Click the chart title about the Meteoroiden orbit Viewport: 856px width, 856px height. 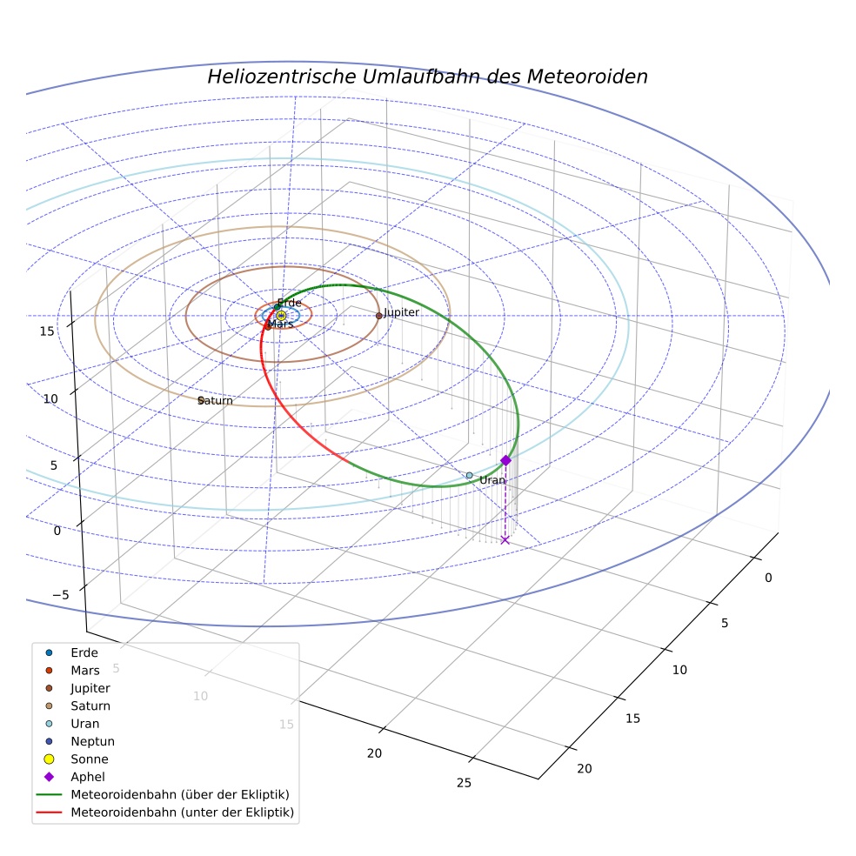click(x=427, y=77)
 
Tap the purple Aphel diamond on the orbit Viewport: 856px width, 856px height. click(x=506, y=460)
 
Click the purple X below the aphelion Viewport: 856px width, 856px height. click(x=505, y=540)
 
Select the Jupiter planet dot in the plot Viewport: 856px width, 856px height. click(x=379, y=316)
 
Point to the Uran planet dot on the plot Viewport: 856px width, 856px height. click(x=470, y=476)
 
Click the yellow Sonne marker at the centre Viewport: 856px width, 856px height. click(x=281, y=316)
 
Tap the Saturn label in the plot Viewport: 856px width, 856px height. click(x=215, y=401)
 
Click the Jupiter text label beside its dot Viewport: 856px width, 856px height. click(x=402, y=312)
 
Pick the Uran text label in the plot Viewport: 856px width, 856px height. click(x=492, y=480)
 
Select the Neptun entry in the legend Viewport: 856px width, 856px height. click(x=80, y=741)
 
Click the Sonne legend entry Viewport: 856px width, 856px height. click(x=77, y=759)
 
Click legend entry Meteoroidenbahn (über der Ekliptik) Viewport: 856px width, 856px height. click(x=163, y=794)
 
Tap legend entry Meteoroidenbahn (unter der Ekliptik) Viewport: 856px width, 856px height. click(x=165, y=813)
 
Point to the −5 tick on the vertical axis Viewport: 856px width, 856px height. click(x=61, y=595)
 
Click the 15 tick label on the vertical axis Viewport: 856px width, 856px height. click(x=47, y=331)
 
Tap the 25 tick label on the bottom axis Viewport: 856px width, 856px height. click(x=464, y=783)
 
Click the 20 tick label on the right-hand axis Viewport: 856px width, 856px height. click(x=584, y=769)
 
